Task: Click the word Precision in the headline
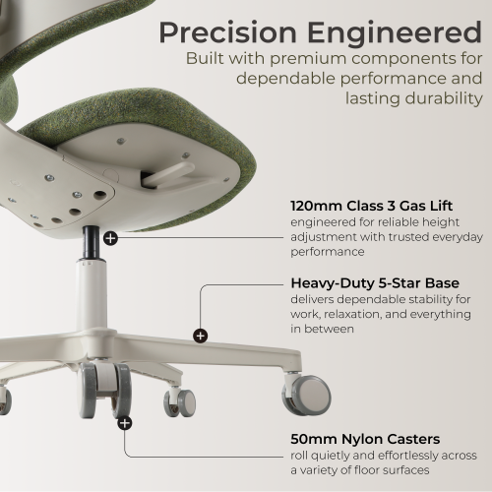[227, 32]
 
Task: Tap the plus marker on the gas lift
[110, 238]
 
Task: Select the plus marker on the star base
[200, 336]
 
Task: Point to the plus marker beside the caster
[125, 423]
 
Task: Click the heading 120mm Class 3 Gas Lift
[372, 206]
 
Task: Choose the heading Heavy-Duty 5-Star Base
[375, 283]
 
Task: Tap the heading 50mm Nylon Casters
[365, 439]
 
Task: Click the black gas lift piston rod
[92, 243]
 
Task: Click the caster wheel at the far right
[306, 395]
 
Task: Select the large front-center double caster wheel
[104, 391]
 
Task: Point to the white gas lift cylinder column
[92, 295]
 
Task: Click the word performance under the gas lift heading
[328, 252]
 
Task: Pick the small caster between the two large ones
[180, 402]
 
